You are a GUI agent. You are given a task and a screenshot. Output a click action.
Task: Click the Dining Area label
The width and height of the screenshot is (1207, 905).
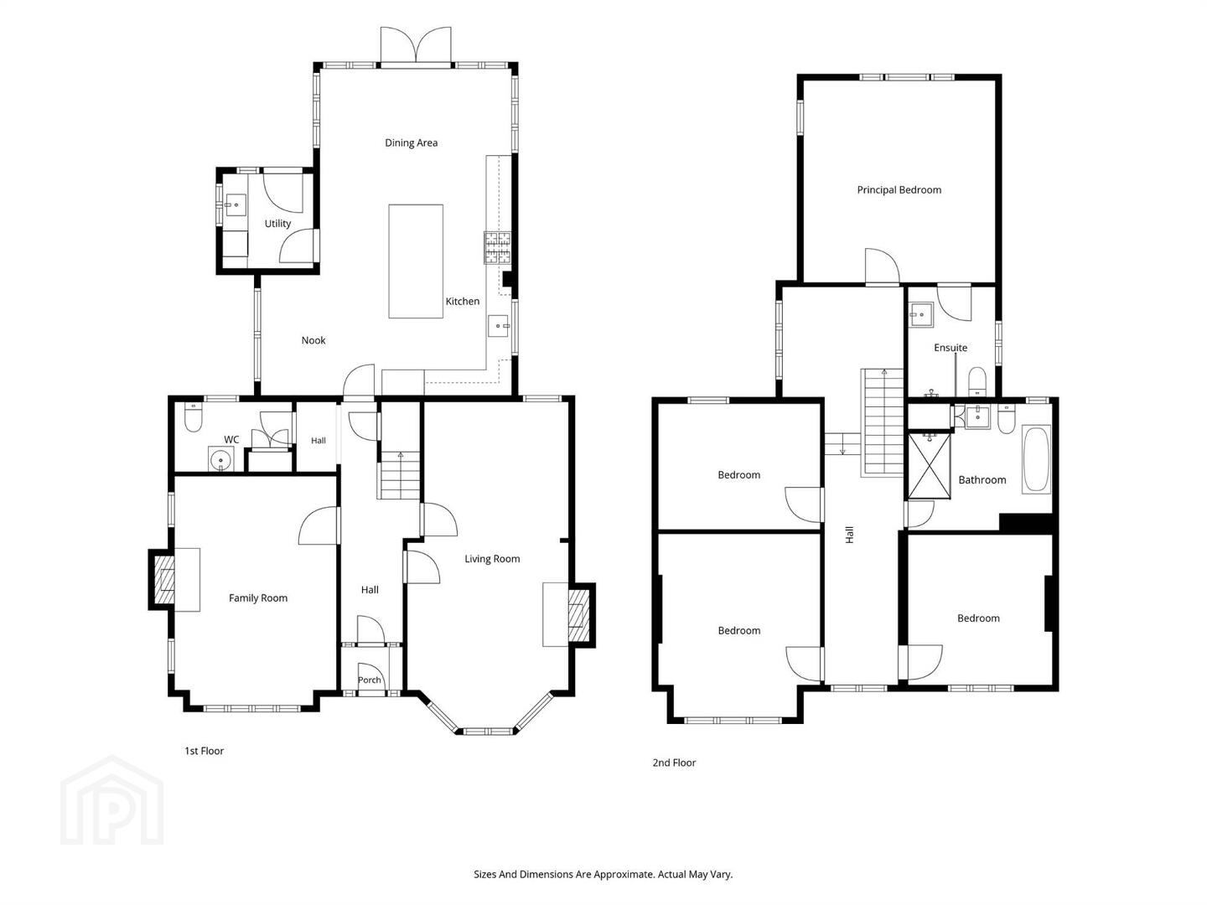pos(411,142)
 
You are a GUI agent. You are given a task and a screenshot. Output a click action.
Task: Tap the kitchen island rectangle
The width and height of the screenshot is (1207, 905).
pos(416,261)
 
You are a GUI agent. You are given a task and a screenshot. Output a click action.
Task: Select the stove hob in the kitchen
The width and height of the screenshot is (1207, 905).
pos(497,247)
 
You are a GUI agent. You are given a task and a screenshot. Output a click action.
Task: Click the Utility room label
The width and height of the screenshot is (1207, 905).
pos(277,223)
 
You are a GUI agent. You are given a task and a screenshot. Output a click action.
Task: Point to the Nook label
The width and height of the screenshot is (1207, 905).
pos(313,340)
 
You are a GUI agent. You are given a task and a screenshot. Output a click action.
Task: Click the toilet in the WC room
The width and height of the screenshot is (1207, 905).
pos(193,418)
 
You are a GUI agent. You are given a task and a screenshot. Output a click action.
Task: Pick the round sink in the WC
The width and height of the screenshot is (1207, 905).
pos(221,459)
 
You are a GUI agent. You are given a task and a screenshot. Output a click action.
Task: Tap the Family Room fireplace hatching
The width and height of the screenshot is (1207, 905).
pos(164,580)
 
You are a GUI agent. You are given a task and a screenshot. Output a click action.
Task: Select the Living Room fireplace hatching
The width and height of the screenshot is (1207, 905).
pos(578,615)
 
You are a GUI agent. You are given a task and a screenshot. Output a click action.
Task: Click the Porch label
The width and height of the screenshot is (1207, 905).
pos(369,680)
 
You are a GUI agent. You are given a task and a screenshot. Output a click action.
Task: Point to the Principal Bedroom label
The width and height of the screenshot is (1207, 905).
pos(899,190)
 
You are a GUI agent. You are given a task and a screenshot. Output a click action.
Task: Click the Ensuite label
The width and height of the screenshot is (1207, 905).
pos(951,347)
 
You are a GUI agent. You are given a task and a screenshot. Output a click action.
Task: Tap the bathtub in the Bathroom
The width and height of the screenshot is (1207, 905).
pos(1036,459)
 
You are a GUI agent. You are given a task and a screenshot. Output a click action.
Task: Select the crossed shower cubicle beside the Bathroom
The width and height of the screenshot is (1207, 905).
pos(930,466)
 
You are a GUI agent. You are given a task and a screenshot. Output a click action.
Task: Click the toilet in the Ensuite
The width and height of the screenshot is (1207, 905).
pos(976,381)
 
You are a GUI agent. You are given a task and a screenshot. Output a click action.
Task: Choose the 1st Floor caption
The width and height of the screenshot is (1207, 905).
pos(204,751)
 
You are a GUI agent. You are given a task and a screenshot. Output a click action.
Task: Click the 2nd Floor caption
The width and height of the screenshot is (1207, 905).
pos(674,763)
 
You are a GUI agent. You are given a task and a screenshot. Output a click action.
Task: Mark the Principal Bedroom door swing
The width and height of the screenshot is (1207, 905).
pos(883,267)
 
